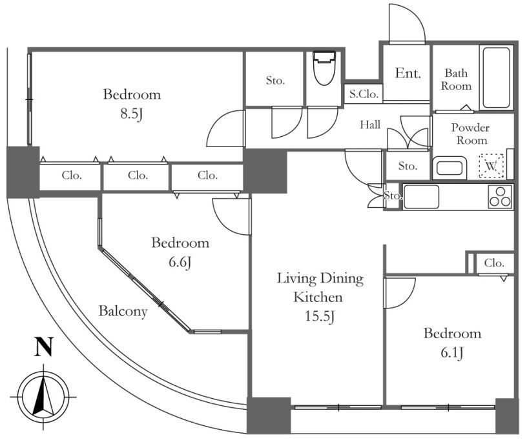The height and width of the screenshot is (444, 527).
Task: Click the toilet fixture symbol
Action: (x=324, y=68)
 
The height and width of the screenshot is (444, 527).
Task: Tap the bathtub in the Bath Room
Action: (x=497, y=77)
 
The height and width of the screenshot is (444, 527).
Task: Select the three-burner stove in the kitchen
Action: (x=501, y=196)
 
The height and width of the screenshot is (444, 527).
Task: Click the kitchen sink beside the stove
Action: (x=421, y=197)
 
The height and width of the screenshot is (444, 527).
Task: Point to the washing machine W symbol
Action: (x=491, y=166)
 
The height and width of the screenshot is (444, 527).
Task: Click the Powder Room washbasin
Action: (x=449, y=168)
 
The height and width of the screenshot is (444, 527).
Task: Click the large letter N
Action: (x=44, y=347)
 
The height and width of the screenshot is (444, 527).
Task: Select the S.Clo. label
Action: (x=364, y=94)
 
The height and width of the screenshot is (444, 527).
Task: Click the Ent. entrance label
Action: (x=408, y=73)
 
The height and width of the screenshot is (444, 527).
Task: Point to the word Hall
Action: (x=370, y=125)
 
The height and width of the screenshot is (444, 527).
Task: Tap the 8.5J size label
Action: (x=131, y=114)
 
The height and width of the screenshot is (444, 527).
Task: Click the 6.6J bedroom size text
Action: (x=180, y=262)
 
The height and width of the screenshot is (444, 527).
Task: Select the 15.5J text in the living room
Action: (x=319, y=316)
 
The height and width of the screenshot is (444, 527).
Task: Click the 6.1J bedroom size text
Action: (x=452, y=353)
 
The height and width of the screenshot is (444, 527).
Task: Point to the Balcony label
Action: (x=123, y=311)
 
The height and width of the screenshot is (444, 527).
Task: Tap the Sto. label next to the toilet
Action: (x=275, y=80)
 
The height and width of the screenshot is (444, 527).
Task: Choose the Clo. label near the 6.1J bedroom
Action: (x=494, y=263)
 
